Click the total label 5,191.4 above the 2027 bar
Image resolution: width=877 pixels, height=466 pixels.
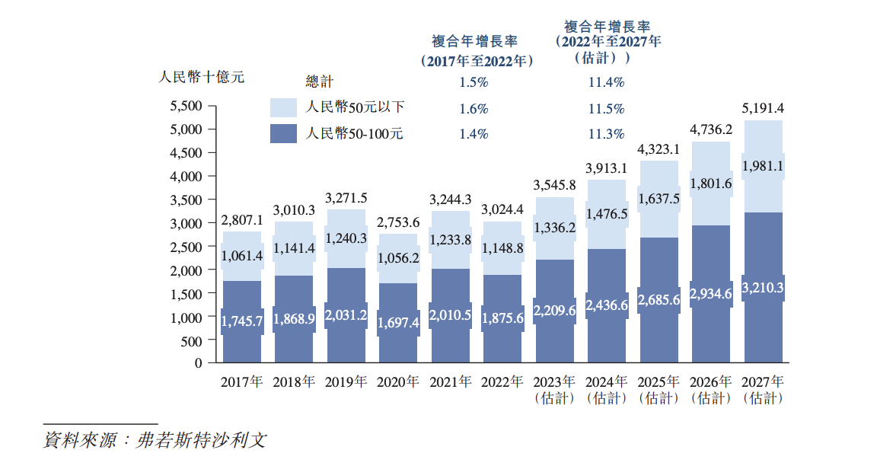764,108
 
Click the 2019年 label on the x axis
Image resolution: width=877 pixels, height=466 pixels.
346,382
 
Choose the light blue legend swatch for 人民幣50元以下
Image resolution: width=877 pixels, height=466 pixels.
283,107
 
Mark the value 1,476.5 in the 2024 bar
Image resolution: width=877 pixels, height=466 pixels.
607,214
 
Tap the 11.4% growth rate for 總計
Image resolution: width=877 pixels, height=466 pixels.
607,82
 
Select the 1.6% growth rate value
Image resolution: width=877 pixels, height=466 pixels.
474,109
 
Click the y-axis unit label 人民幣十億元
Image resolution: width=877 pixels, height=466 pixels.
201,77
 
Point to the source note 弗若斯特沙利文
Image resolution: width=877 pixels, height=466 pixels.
201,441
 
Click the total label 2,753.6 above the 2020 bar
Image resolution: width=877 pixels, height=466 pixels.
398,222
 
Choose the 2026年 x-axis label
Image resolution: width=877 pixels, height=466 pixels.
711,382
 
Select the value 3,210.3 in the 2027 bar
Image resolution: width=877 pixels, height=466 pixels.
764,288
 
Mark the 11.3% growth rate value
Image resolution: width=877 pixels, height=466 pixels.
607,134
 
